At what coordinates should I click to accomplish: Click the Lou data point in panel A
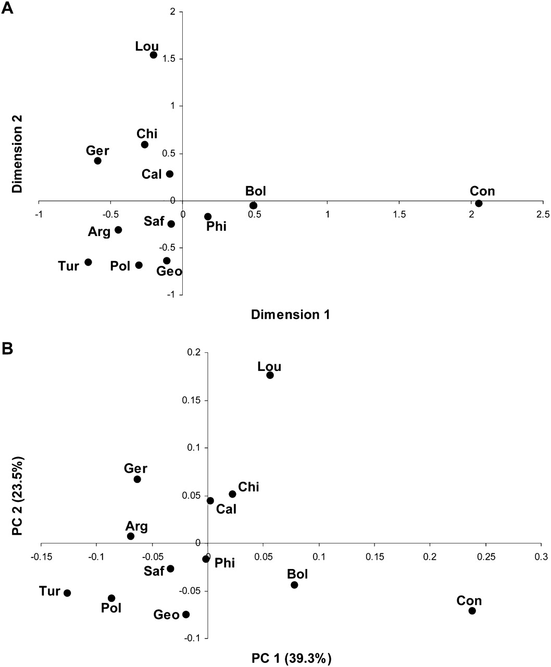pyautogui.click(x=154, y=55)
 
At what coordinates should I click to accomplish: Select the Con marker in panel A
pyautogui.click(x=479, y=203)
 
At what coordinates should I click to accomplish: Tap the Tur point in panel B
pyautogui.click(x=67, y=593)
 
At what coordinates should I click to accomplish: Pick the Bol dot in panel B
pyautogui.click(x=294, y=585)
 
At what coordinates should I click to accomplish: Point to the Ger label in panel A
pyautogui.click(x=97, y=151)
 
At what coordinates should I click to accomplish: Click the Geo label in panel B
pyautogui.click(x=166, y=615)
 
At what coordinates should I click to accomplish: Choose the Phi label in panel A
pyautogui.click(x=216, y=226)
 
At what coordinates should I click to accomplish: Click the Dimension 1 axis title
pyautogui.click(x=290, y=314)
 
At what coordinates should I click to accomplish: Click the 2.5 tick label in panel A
pyautogui.click(x=543, y=214)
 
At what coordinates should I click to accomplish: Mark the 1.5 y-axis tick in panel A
pyautogui.click(x=171, y=59)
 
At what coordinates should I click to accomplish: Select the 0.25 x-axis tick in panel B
pyautogui.click(x=485, y=557)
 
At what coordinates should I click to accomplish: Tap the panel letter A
pyautogui.click(x=7, y=9)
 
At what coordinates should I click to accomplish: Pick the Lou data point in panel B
pyautogui.click(x=270, y=375)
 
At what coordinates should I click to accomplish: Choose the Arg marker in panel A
pyautogui.click(x=118, y=230)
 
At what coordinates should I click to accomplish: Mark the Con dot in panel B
pyautogui.click(x=472, y=611)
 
